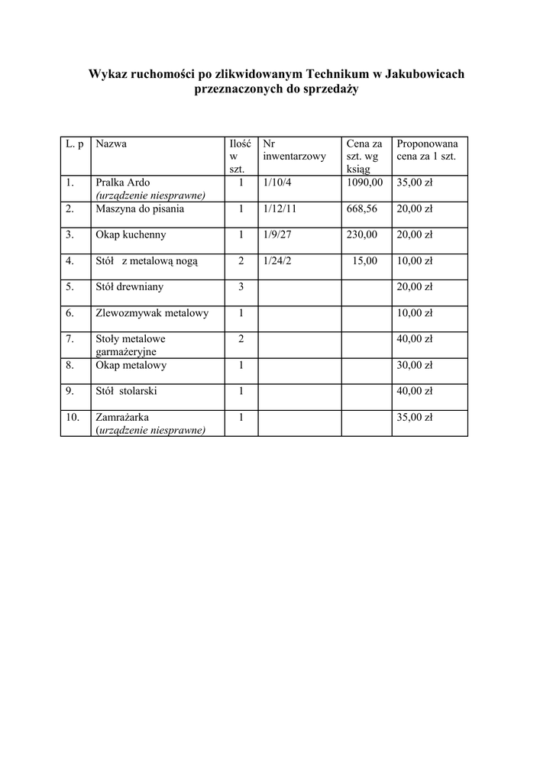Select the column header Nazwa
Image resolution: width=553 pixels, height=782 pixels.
tap(112, 144)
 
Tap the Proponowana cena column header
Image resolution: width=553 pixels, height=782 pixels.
tap(427, 150)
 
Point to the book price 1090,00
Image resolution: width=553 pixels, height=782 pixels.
tap(364, 183)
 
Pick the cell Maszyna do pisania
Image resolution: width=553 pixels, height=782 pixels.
tap(140, 208)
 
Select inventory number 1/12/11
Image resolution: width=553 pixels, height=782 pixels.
tap(280, 208)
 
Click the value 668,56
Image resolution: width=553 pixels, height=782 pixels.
tap(362, 208)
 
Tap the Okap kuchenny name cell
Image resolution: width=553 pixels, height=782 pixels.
tap(131, 234)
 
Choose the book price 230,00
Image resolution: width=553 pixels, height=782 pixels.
tap(362, 234)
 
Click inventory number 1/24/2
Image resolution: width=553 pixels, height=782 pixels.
tap(276, 261)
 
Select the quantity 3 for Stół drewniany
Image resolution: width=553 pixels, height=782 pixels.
tap(241, 287)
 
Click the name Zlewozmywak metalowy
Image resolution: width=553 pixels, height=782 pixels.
tap(152, 313)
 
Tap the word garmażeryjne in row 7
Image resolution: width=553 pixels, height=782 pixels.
tap(126, 352)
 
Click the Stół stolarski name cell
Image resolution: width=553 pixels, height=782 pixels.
tap(127, 392)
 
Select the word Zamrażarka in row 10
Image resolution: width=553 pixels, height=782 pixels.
tap(122, 418)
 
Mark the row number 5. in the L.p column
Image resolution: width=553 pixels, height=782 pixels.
tap(70, 287)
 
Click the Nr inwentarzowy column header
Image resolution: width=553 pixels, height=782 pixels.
tap(293, 150)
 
